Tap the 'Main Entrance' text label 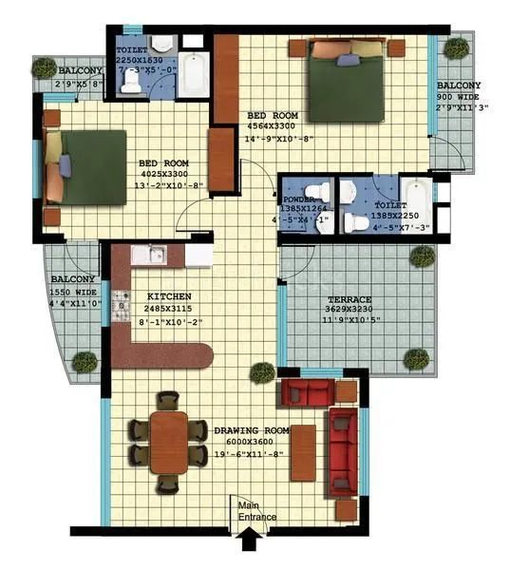(x=257, y=511)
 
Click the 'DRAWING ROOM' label (x=249, y=430)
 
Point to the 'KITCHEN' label (x=167, y=296)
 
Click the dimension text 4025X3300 (x=165, y=173)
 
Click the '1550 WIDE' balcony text (x=72, y=293)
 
